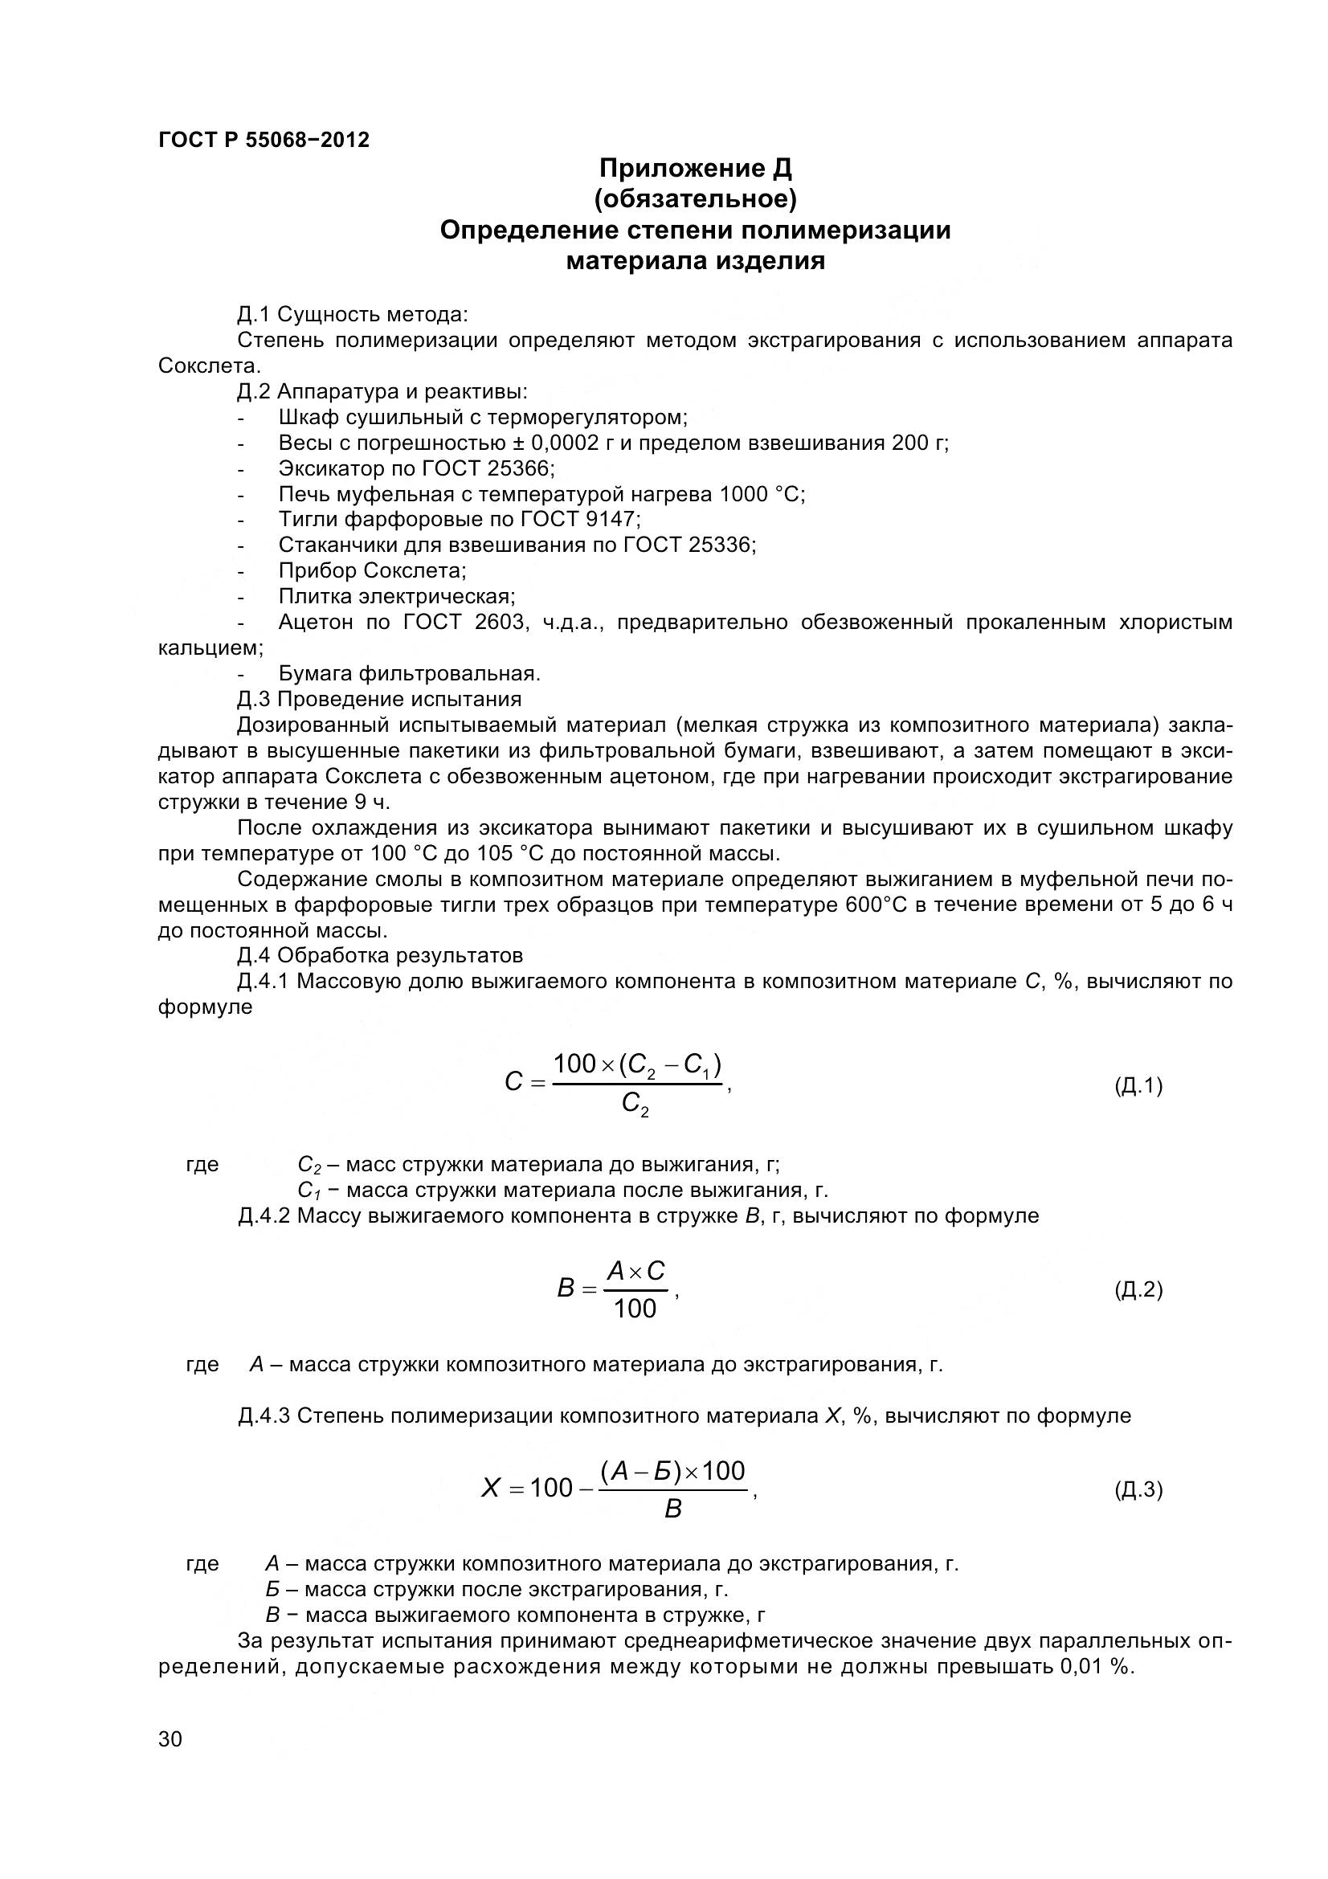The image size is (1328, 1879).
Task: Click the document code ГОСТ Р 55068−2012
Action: pyautogui.click(x=264, y=140)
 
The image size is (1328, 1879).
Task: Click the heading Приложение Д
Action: pyautogui.click(x=695, y=169)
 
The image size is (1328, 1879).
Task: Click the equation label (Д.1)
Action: pyautogui.click(x=1138, y=1086)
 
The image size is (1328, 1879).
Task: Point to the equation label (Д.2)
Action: pyautogui.click(x=1138, y=1291)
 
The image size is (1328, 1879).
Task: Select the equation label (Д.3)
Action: pyautogui.click(x=1138, y=1489)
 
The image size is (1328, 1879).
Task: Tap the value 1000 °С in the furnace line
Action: pyautogui.click(x=761, y=494)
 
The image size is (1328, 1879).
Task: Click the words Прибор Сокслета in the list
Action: pyautogui.click(x=372, y=570)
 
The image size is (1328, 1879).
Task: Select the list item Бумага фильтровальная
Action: pyautogui.click(x=409, y=673)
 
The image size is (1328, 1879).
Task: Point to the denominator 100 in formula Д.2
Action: pyautogui.click(x=635, y=1309)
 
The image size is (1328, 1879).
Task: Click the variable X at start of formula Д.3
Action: pyautogui.click(x=490, y=1488)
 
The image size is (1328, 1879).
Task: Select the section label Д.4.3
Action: pyautogui.click(x=264, y=1415)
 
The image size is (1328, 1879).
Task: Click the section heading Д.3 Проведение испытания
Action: pyautogui.click(x=379, y=699)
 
